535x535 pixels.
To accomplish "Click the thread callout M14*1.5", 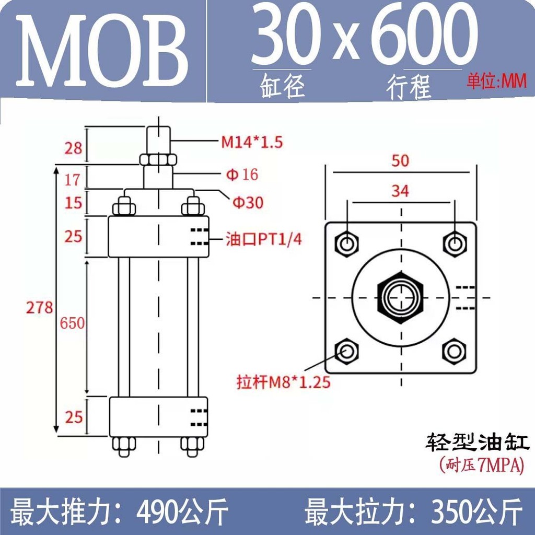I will [252, 142].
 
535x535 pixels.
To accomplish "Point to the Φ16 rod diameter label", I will [241, 174].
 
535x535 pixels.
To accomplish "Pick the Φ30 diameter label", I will [248, 202].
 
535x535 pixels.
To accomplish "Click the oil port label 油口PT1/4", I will [264, 239].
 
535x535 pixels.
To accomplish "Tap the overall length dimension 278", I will [40, 307].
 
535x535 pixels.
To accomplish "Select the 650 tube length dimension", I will [72, 323].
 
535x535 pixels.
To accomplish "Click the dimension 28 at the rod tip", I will [73, 148].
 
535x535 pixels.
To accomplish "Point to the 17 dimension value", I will [73, 180].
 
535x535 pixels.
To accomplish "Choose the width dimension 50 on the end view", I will [400, 161].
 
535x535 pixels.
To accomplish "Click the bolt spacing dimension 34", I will [400, 192].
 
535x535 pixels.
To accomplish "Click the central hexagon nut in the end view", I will [401, 297].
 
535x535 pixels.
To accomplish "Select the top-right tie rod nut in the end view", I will [455, 243].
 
